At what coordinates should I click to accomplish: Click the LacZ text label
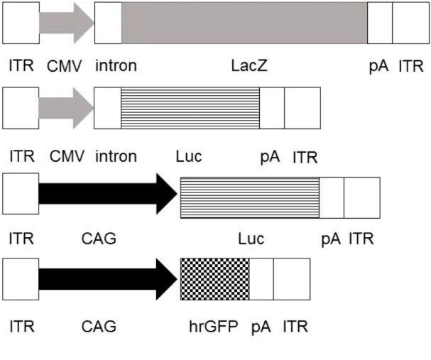(249, 66)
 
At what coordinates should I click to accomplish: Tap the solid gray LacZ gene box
(244, 23)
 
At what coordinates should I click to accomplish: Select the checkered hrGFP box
(215, 279)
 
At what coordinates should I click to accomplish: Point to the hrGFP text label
(214, 327)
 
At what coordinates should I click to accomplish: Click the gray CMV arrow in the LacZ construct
(67, 23)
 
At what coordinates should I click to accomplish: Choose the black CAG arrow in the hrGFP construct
(108, 279)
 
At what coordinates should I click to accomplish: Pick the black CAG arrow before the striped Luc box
(108, 194)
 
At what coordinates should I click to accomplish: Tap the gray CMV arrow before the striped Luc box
(67, 108)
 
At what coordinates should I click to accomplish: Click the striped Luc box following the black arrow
(250, 198)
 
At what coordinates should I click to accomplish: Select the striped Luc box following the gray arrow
(190, 108)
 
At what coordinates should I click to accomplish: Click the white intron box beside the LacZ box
(108, 23)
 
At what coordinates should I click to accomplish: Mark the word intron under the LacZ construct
(116, 66)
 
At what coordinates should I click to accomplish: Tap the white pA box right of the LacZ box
(380, 23)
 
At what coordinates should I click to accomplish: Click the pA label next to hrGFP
(261, 327)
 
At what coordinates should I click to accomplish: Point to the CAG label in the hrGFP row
(99, 327)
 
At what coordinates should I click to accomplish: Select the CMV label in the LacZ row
(65, 66)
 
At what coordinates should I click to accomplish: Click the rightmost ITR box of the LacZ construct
(411, 23)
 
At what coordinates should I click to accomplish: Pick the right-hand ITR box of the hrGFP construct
(292, 279)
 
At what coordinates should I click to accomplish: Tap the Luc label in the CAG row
(251, 239)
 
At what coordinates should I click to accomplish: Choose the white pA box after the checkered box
(261, 279)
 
